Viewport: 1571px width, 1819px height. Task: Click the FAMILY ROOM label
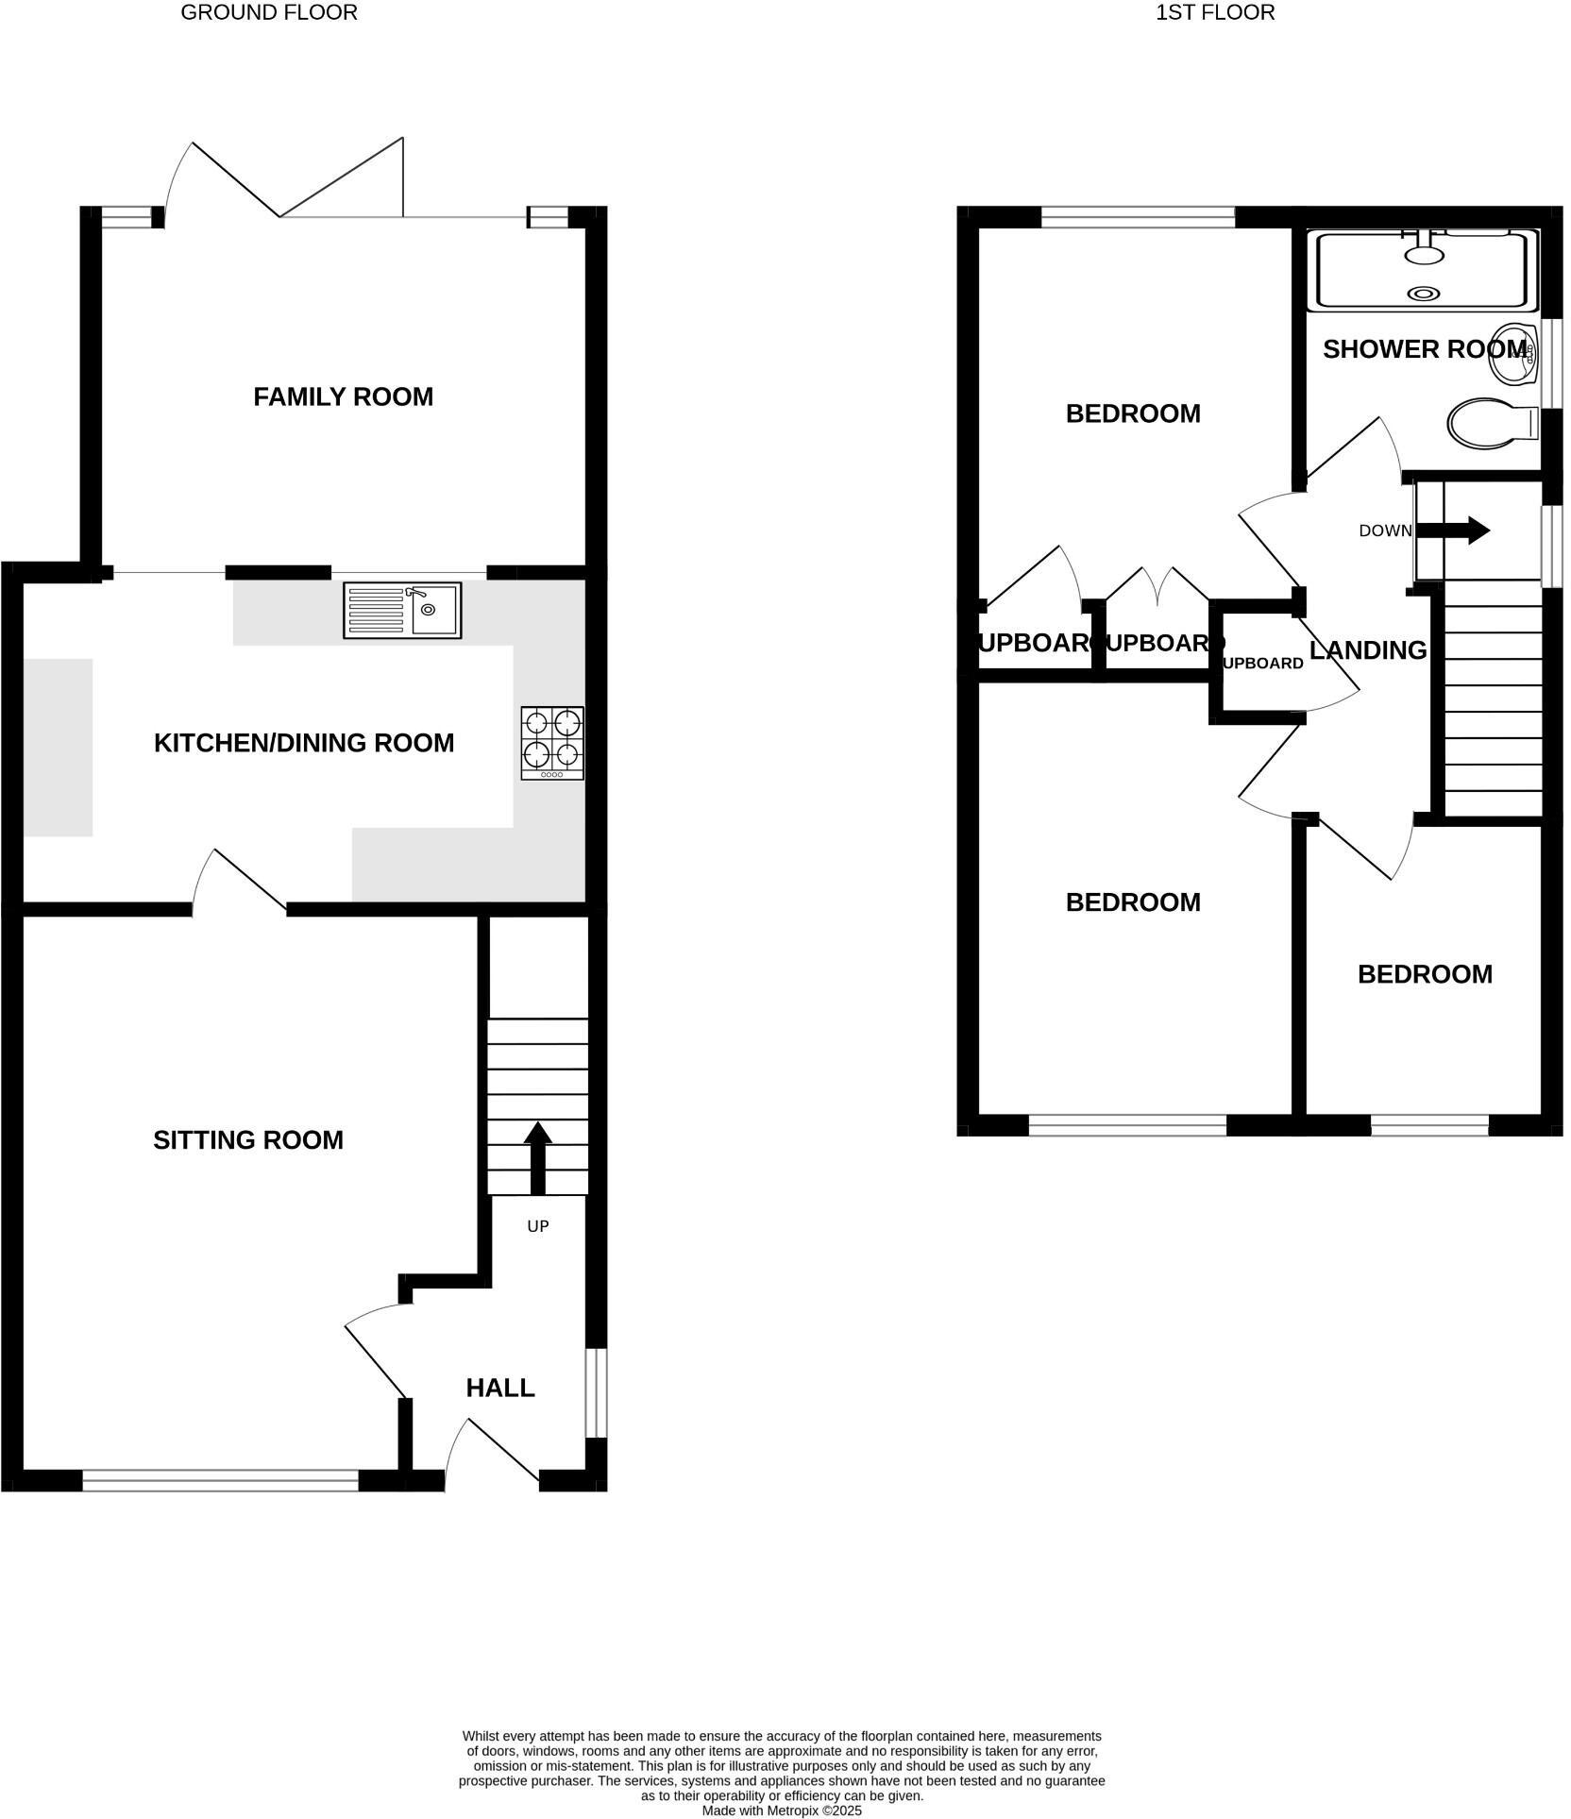pos(343,396)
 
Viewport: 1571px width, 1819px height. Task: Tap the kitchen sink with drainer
pos(402,611)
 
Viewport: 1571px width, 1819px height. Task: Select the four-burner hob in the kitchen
pos(552,743)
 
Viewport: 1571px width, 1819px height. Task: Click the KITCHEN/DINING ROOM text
pos(304,743)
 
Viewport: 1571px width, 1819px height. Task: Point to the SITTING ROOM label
pos(248,1140)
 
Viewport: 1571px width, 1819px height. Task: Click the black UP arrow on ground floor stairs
pos(538,1157)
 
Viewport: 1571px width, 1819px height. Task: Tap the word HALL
pos(500,1388)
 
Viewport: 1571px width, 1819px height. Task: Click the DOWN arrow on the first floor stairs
pos(1454,531)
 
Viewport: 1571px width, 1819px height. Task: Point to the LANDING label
pos(1368,649)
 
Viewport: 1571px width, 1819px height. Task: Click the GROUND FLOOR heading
pos(269,12)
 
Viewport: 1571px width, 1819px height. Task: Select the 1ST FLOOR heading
pos(1215,12)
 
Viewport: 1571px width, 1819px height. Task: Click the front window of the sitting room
pos(220,1480)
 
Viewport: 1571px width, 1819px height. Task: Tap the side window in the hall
pos(596,1392)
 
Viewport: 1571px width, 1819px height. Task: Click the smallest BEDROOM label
pos(1425,974)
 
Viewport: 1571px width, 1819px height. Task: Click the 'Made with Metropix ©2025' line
pos(782,1811)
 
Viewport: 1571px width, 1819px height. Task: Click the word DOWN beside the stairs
pos(1384,531)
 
